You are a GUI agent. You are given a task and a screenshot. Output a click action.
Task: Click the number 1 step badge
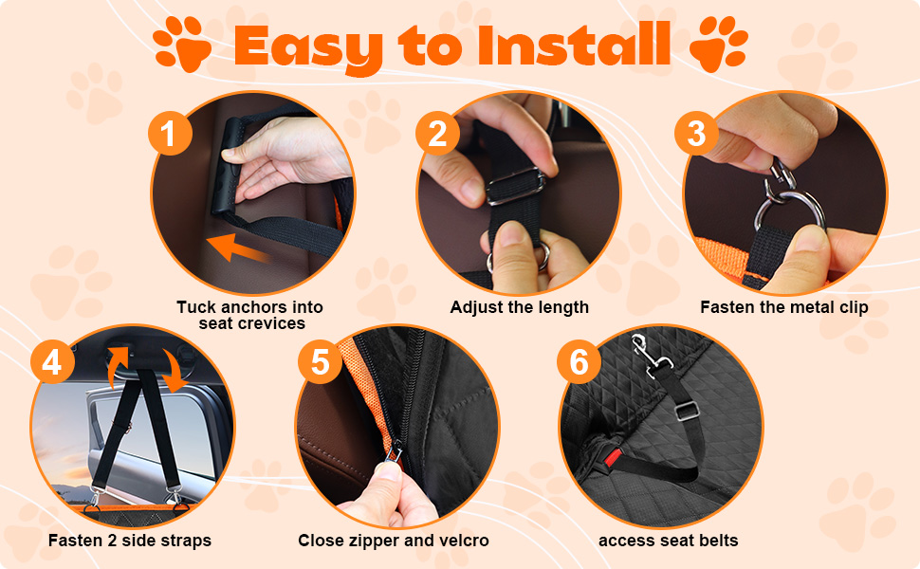click(x=170, y=133)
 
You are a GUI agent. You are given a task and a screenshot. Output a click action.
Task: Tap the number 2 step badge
click(x=437, y=133)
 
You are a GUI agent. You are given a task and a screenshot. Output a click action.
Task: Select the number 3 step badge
click(x=696, y=133)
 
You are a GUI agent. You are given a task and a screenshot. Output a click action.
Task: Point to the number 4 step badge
click(x=52, y=361)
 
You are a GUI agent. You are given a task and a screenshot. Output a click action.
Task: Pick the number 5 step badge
click(x=321, y=361)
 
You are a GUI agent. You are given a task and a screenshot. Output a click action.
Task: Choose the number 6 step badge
click(x=580, y=361)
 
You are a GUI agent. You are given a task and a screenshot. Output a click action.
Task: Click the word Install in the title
click(x=575, y=44)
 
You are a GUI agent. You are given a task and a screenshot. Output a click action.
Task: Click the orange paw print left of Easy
click(x=182, y=44)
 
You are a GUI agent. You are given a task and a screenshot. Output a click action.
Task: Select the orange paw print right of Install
click(x=719, y=44)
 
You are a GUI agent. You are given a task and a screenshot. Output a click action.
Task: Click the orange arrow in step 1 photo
click(x=238, y=248)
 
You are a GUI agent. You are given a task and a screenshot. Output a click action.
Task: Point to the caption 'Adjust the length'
click(x=519, y=307)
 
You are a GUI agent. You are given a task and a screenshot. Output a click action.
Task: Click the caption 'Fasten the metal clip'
click(x=783, y=307)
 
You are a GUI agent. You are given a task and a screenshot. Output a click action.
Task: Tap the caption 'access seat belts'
click(x=669, y=541)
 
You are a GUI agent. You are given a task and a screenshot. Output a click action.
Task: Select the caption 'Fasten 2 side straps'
click(x=130, y=541)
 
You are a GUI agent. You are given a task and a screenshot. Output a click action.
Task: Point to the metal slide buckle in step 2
click(x=515, y=186)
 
